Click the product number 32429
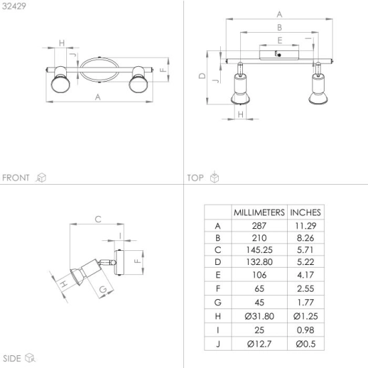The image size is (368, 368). tap(14, 6)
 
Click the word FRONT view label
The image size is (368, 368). tap(16, 178)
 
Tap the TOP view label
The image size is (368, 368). tap(195, 178)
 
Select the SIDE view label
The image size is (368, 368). tap(12, 359)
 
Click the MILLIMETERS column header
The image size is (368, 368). tap(259, 212)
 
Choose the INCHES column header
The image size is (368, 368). tap(305, 212)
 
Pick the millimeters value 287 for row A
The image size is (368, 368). tap(259, 225)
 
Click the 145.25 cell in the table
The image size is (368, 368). tap(260, 250)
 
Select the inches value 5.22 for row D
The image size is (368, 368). tap(305, 262)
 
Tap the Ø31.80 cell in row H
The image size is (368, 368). tap(260, 316)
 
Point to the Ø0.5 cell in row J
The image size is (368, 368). tap(306, 344)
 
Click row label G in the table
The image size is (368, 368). tap(218, 302)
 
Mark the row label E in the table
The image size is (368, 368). tap(218, 275)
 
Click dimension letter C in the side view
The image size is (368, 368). tap(98, 219)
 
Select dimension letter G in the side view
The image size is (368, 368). tap(103, 290)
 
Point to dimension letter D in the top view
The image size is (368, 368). tap(202, 76)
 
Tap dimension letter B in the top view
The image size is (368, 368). tap(279, 27)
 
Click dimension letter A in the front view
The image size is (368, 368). tap(98, 97)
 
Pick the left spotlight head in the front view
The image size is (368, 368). tap(60, 80)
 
